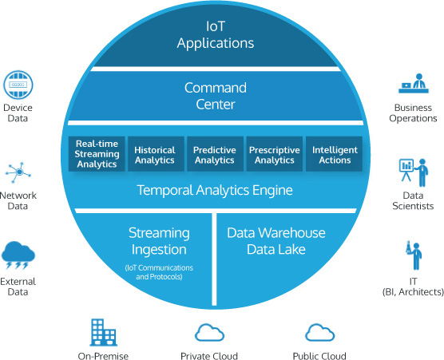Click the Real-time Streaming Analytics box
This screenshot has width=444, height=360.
click(x=97, y=154)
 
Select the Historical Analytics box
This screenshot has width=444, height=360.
click(x=156, y=154)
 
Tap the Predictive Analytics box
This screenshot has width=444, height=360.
click(x=215, y=154)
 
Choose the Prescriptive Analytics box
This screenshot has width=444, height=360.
click(x=275, y=154)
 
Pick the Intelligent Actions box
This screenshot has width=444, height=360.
click(x=334, y=154)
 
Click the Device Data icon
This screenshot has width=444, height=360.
click(x=18, y=85)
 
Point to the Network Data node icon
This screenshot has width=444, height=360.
click(x=18, y=172)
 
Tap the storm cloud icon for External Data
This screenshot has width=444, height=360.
click(x=18, y=255)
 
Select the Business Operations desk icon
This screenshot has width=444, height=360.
click(x=414, y=83)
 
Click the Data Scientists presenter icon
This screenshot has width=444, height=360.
click(x=414, y=172)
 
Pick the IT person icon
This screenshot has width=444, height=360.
click(x=414, y=255)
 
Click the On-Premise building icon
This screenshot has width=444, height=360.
click(x=103, y=332)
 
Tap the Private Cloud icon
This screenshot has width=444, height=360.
click(x=209, y=333)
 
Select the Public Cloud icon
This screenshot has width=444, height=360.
click(x=320, y=333)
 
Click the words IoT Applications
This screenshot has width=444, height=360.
click(x=216, y=35)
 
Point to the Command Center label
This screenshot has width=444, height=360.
click(x=216, y=97)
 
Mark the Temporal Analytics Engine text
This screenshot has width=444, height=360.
click(x=215, y=190)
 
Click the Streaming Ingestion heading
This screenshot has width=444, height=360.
click(x=159, y=241)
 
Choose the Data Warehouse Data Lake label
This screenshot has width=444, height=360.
click(x=276, y=241)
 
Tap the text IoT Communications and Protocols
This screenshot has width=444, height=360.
click(x=159, y=272)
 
